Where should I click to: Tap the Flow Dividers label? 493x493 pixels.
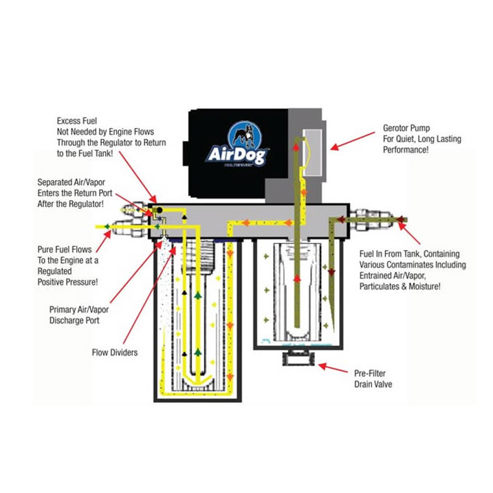(114, 353)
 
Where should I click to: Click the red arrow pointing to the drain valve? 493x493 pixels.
(333, 369)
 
